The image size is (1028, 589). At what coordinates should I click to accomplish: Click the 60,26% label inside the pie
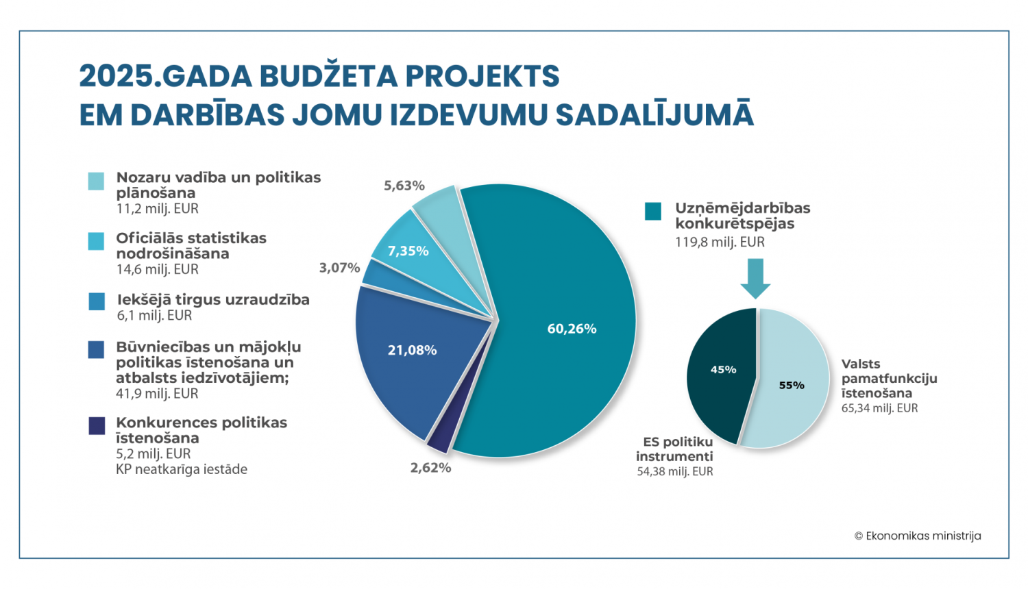tap(572, 329)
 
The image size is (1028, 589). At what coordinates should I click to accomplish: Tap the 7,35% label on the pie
tap(408, 251)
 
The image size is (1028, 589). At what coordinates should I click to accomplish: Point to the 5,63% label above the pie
tap(404, 186)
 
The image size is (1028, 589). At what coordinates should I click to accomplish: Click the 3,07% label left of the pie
tap(339, 268)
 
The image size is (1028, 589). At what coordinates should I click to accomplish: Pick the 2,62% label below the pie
tap(430, 468)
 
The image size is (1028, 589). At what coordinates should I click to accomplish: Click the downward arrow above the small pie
tap(755, 277)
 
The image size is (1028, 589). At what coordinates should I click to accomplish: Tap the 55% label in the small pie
tap(792, 386)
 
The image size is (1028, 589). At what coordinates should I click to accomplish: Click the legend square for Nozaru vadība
tap(97, 181)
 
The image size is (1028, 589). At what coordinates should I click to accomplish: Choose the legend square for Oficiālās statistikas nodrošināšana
tap(97, 241)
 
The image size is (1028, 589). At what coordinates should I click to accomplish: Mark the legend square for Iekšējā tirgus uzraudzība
tap(97, 301)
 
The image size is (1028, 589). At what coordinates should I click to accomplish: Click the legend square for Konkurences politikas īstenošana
tap(97, 425)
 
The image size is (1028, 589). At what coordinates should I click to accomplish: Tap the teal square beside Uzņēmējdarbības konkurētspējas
tap(653, 211)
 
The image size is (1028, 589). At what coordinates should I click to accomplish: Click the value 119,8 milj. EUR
tap(720, 242)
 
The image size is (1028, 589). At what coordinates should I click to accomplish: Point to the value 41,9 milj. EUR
tap(157, 394)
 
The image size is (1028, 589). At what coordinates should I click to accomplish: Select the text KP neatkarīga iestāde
tap(182, 469)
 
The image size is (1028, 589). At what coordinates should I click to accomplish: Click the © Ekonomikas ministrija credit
tap(918, 536)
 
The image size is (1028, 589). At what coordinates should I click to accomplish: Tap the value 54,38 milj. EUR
tap(675, 471)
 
